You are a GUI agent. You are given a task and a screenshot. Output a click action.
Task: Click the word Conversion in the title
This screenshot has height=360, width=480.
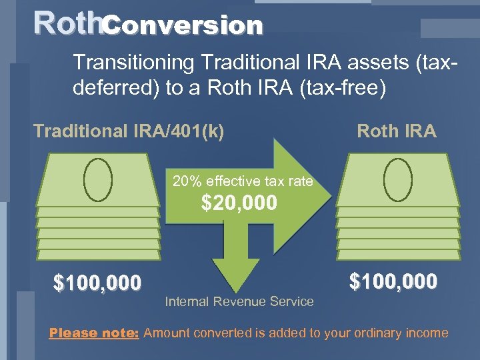(183, 25)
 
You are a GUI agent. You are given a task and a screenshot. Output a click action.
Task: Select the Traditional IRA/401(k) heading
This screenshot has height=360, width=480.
(129, 131)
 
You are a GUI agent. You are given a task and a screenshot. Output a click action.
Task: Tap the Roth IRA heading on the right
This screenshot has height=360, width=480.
(397, 131)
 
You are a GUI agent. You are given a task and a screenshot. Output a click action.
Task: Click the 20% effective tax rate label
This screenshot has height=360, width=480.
(243, 180)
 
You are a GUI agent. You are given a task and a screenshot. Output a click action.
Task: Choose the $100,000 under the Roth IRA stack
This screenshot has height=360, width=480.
(393, 281)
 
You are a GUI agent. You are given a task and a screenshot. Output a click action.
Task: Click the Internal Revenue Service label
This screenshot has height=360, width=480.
(239, 301)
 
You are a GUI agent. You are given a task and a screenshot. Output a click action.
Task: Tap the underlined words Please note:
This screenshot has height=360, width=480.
(93, 333)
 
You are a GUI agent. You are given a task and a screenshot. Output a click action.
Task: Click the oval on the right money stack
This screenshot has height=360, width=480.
(398, 179)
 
